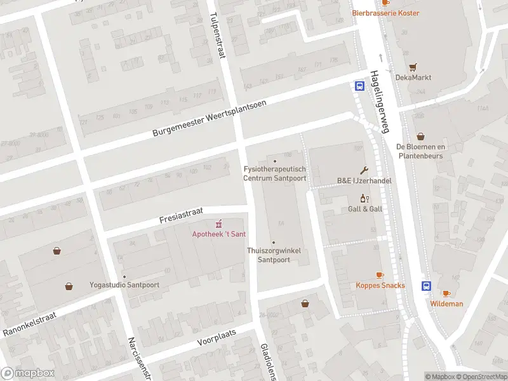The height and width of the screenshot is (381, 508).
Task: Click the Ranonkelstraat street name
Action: click(30, 324)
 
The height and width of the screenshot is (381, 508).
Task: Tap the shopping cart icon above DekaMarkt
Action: click(413, 67)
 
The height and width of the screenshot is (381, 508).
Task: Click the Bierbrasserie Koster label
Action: click(385, 13)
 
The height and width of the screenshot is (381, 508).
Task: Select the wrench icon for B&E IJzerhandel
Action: click(364, 170)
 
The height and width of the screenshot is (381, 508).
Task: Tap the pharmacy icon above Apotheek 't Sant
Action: click(219, 224)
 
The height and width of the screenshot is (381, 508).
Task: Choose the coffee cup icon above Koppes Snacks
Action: click(380, 275)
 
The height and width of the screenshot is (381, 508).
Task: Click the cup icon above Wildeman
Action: click(446, 293)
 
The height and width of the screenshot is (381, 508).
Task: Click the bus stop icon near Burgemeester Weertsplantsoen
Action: click(359, 86)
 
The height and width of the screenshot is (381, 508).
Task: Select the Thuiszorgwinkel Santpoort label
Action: click(274, 255)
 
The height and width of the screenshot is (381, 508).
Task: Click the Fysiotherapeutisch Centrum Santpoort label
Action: click(275, 173)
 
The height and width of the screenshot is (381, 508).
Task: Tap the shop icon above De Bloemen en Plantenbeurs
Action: click(420, 137)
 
